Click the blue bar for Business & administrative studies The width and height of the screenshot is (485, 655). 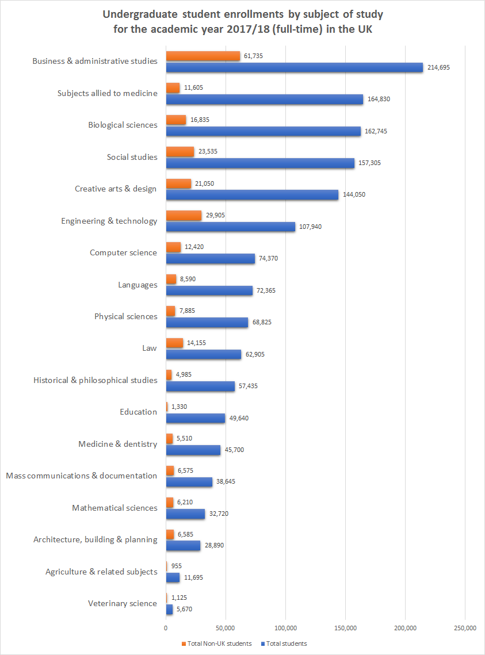coord(294,67)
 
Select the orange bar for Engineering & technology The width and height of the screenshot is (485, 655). coord(184,215)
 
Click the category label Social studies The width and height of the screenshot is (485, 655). coord(132,157)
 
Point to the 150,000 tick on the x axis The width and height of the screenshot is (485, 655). coord(345,627)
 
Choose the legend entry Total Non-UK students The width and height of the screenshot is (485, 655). coord(219,643)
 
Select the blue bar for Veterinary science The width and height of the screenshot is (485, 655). coord(169,609)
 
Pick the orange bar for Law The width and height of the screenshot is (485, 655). coord(174,343)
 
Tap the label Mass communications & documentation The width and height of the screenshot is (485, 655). coord(81,476)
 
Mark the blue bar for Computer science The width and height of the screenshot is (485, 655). coord(210,259)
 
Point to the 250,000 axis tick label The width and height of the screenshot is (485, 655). coord(464,627)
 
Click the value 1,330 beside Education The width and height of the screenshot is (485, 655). coord(180,407)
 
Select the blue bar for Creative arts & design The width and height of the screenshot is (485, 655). coord(252,195)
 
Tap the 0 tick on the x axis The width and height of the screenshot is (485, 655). coord(166,627)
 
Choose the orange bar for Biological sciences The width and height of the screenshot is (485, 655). coord(176,120)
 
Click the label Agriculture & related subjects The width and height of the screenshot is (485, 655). coord(101,572)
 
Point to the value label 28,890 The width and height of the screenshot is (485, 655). coord(214,545)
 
